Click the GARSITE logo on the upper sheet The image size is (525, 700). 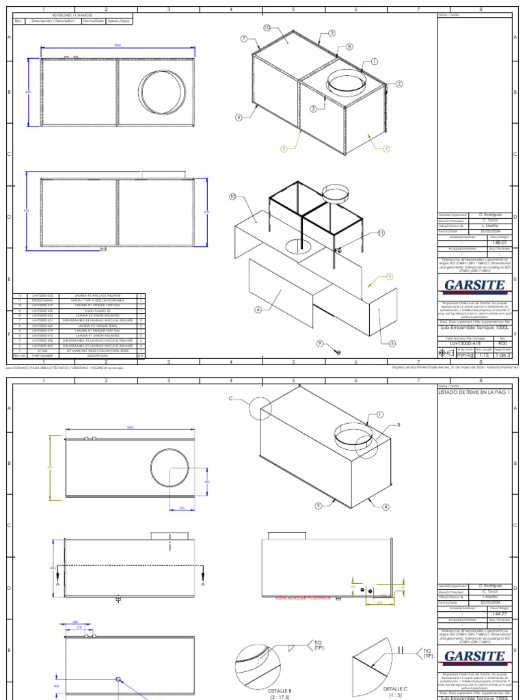click(x=474, y=285)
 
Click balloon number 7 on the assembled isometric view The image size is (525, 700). click(x=243, y=39)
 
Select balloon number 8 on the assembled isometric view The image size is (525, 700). click(x=349, y=46)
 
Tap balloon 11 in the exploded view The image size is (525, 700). click(x=362, y=233)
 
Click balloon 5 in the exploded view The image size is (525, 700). click(x=392, y=344)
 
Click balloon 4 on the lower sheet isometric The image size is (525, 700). click(x=386, y=507)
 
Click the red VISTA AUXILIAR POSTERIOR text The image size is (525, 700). click(x=303, y=597)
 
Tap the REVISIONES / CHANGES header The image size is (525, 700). click(x=73, y=14)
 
